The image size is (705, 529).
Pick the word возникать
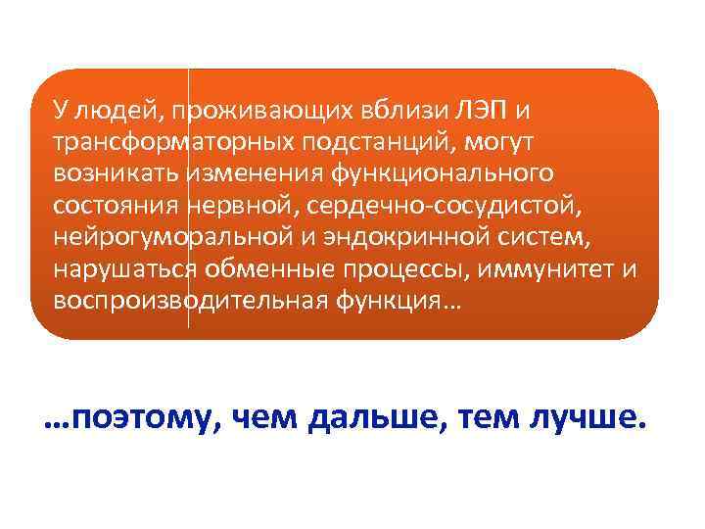click(x=117, y=173)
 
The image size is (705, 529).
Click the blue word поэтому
click(x=144, y=419)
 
